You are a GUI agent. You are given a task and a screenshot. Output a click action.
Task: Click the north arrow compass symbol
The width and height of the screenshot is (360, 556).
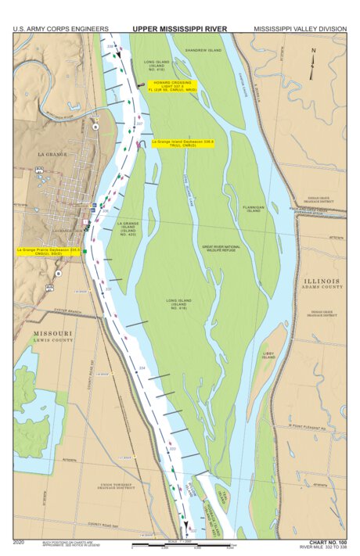(313, 56)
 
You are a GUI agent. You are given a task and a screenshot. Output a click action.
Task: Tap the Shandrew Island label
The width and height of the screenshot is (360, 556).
(203, 49)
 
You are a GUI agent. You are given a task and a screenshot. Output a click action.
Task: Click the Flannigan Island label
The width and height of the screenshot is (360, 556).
(255, 208)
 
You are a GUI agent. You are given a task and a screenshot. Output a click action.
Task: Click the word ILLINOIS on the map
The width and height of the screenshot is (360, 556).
(321, 281)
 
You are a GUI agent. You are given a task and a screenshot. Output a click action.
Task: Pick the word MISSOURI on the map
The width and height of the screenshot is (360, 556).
(52, 333)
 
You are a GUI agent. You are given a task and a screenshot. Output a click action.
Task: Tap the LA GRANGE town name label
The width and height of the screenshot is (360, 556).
(54, 155)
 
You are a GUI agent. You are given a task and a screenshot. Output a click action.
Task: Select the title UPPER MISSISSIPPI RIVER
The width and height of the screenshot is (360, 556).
(180, 29)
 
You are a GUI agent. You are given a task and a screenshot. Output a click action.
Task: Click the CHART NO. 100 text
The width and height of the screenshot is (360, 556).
(327, 541)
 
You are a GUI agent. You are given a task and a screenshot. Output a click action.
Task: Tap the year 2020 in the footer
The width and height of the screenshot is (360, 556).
(20, 541)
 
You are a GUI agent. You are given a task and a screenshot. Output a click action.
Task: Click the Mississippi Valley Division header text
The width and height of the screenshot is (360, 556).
(300, 29)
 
